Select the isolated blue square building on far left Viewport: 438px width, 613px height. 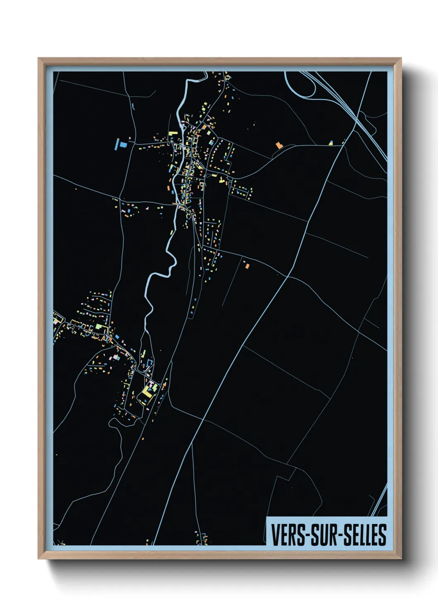click(123, 145)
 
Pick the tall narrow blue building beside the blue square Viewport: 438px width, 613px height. click(116, 145)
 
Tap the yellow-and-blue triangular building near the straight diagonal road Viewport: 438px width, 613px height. click(331, 143)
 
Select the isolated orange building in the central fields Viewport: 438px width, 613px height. click(247, 266)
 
